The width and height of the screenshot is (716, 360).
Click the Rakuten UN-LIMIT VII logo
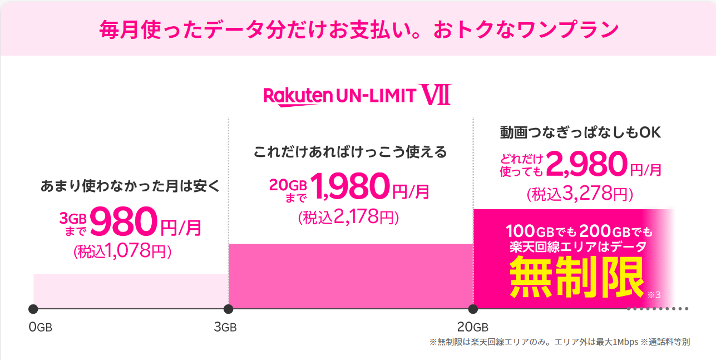pyautogui.click(x=357, y=95)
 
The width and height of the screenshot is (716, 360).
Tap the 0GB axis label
pyautogui.click(x=40, y=327)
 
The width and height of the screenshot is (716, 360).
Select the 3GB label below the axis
pyautogui.click(x=225, y=327)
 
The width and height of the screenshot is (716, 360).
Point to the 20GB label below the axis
pyautogui.click(x=472, y=327)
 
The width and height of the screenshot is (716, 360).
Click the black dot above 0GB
pyautogui.click(x=33, y=309)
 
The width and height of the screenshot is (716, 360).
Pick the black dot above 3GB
pyautogui.click(x=228, y=309)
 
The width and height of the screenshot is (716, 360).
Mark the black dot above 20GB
pyautogui.click(x=473, y=309)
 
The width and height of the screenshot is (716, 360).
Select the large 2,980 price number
pyautogui.click(x=586, y=164)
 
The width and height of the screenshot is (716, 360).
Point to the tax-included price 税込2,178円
pyautogui.click(x=349, y=218)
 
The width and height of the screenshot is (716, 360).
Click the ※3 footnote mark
pyautogui.click(x=654, y=294)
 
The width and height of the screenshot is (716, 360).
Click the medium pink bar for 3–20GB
pyautogui.click(x=350, y=276)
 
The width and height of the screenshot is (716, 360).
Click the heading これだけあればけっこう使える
pyautogui.click(x=350, y=151)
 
